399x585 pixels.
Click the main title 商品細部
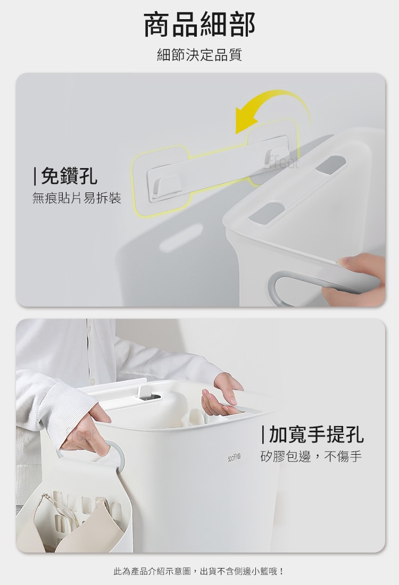[x=199, y=24]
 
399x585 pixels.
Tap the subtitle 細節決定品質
[x=199, y=54]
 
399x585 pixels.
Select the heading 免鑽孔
[x=65, y=175]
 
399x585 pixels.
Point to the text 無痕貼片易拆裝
[x=77, y=198]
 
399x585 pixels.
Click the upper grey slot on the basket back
[x=331, y=164]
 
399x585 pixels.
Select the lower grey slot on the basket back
[x=267, y=213]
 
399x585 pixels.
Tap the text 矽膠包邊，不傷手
[x=311, y=456]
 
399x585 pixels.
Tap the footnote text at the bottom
[x=199, y=571]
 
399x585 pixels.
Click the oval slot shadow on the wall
[x=181, y=238]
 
